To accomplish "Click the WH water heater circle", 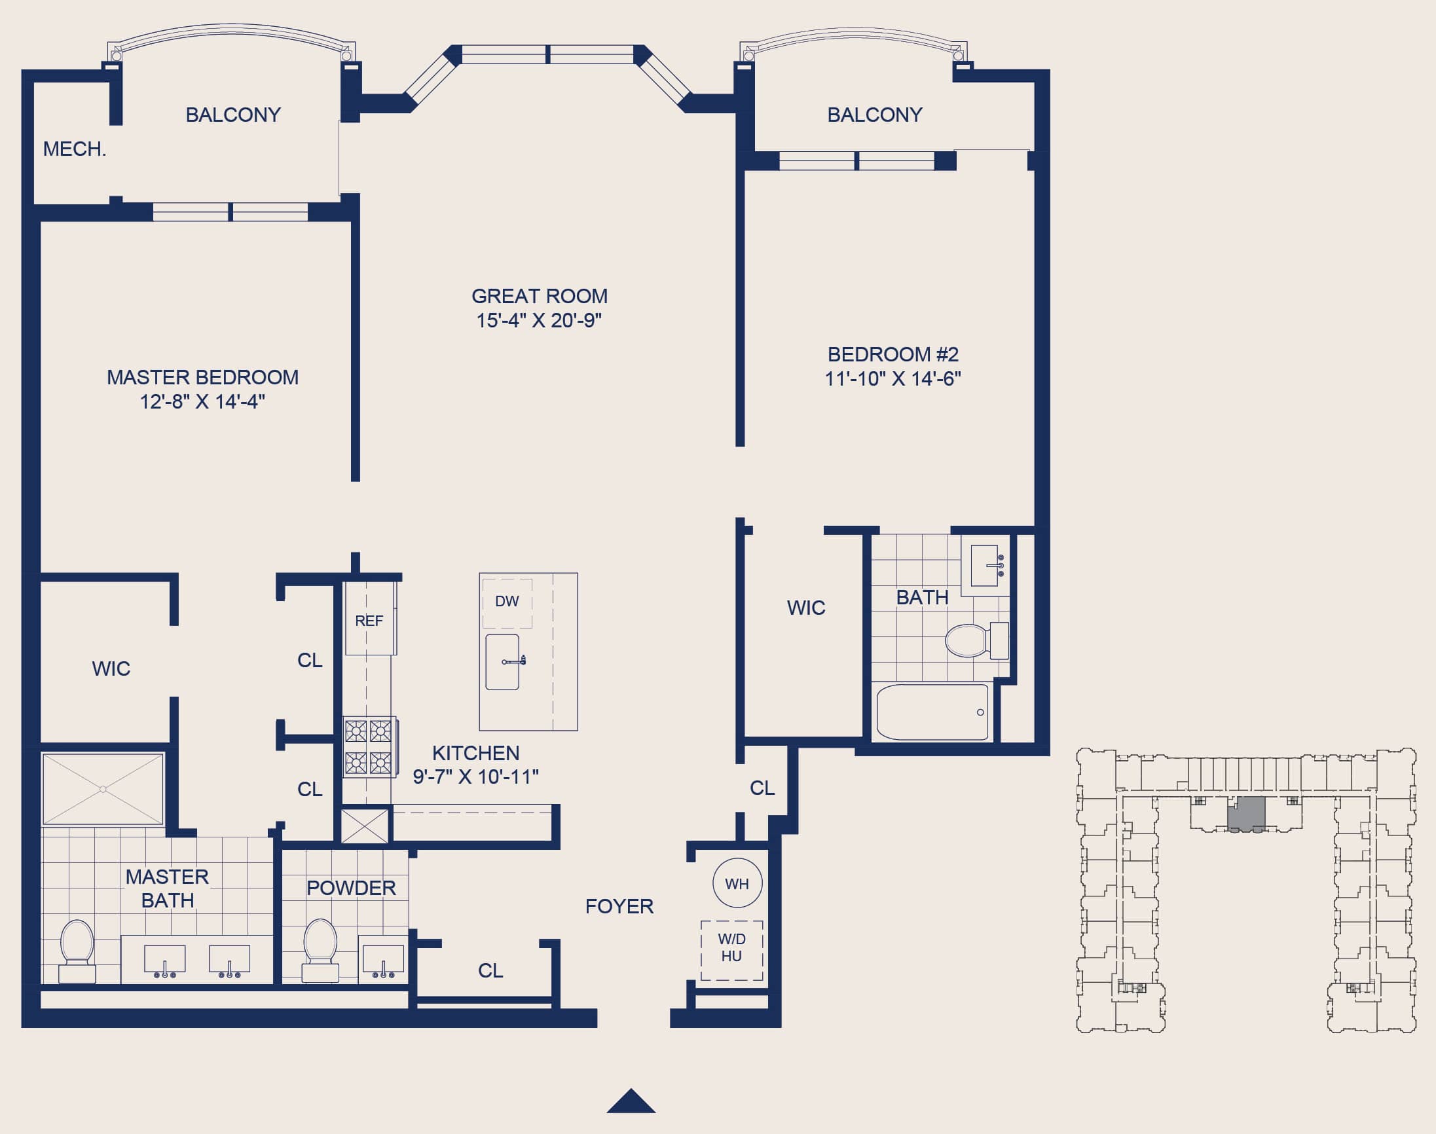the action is click(737, 883).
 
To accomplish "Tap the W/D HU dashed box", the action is click(731, 950).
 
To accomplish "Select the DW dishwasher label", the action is click(507, 601).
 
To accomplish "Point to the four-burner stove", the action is click(370, 746).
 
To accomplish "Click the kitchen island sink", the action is click(502, 662).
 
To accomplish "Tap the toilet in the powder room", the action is click(321, 949).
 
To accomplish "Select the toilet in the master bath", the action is click(77, 950).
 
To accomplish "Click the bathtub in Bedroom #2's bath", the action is click(932, 712).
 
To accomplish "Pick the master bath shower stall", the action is click(103, 789).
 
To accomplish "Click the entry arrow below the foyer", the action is click(631, 1101).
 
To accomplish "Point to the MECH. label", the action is click(75, 149).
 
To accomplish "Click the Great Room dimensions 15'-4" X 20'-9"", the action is click(538, 320).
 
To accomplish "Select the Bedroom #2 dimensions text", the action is click(893, 378).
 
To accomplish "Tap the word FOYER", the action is click(619, 906).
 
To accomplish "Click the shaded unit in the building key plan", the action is click(1246, 813).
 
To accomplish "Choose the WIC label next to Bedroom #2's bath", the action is click(806, 608).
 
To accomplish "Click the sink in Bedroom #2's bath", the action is click(985, 565).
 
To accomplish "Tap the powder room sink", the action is click(383, 960).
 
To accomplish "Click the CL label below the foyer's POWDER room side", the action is click(490, 971).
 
